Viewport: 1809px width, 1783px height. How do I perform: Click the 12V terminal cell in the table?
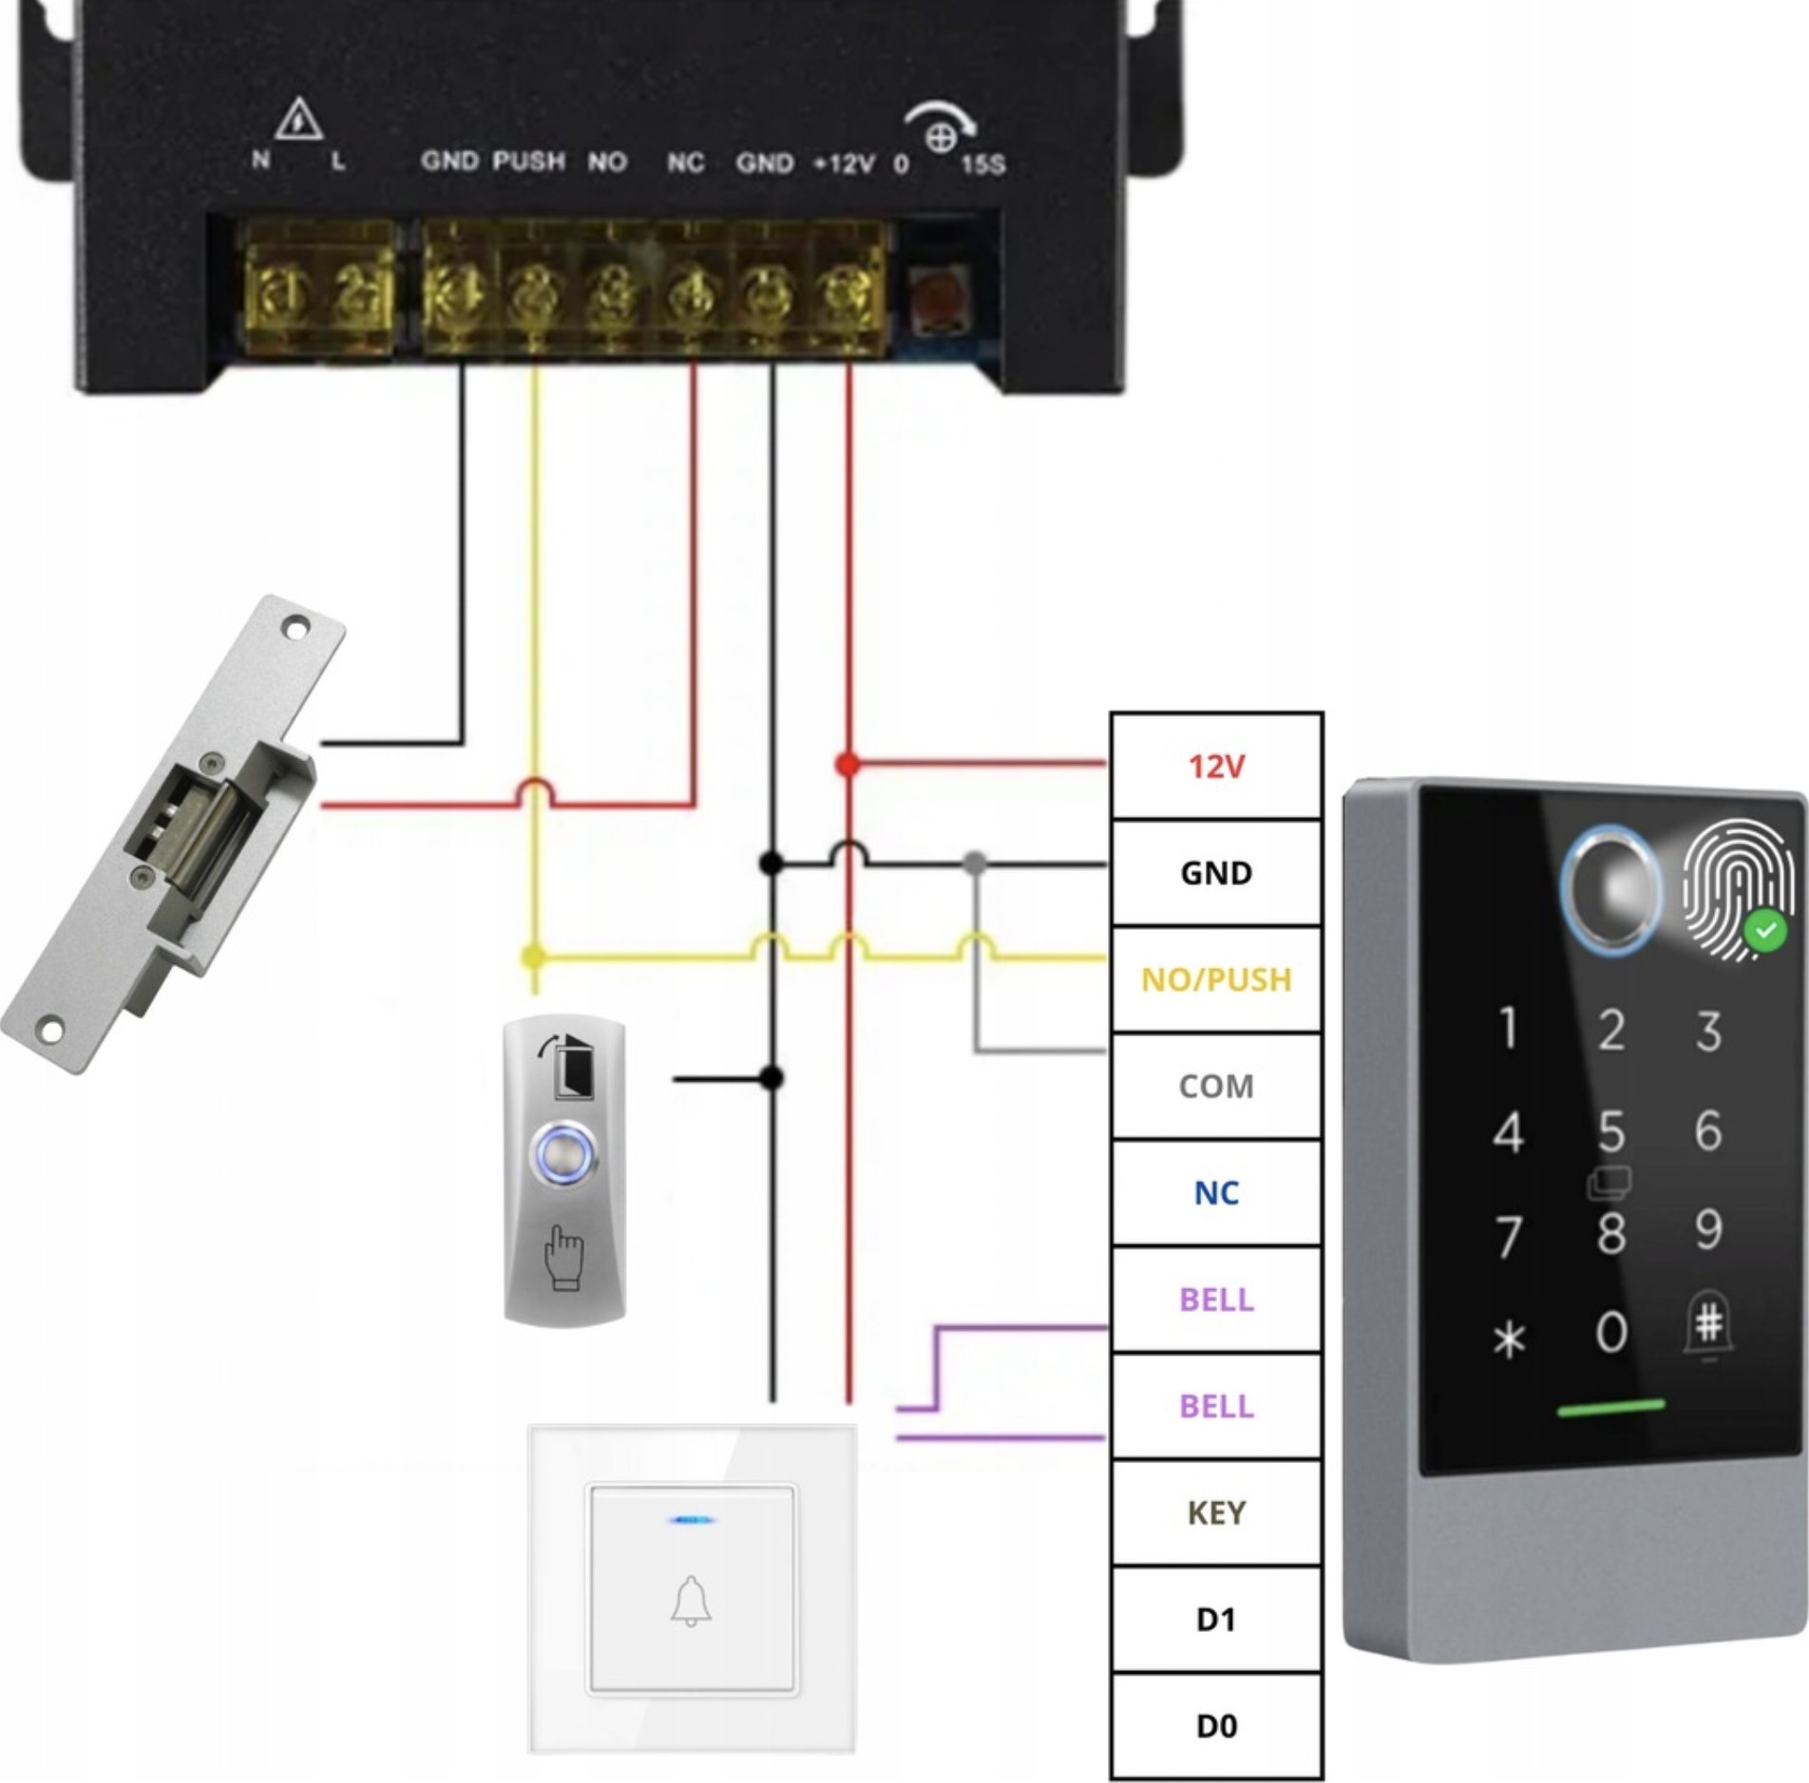tap(1216, 766)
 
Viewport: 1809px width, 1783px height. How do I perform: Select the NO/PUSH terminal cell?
tap(1216, 979)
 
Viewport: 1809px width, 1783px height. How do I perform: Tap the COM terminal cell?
tap(1216, 1086)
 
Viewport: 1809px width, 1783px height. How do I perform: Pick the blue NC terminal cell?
tap(1216, 1193)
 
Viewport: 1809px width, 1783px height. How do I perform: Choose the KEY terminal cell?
tap(1216, 1512)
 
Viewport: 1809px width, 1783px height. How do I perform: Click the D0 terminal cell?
tap(1216, 1726)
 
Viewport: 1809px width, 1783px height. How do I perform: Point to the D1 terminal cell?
tap(1216, 1619)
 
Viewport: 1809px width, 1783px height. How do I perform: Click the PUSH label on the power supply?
tap(528, 161)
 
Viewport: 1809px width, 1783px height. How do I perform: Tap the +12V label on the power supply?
tap(844, 164)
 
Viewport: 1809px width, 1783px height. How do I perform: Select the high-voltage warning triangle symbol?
tap(299, 119)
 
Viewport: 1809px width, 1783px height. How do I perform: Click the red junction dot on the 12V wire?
tap(847, 764)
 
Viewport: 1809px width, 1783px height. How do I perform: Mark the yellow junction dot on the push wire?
tap(534, 957)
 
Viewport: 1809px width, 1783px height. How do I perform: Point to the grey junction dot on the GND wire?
tap(975, 863)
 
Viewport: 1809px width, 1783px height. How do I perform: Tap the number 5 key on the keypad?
tap(1611, 1131)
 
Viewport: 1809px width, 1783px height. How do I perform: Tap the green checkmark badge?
tap(1765, 931)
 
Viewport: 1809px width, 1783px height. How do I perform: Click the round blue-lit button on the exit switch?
tap(564, 1154)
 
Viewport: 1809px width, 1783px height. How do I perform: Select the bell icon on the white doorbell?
tap(692, 1601)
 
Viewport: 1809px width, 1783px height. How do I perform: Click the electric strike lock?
tap(171, 836)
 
